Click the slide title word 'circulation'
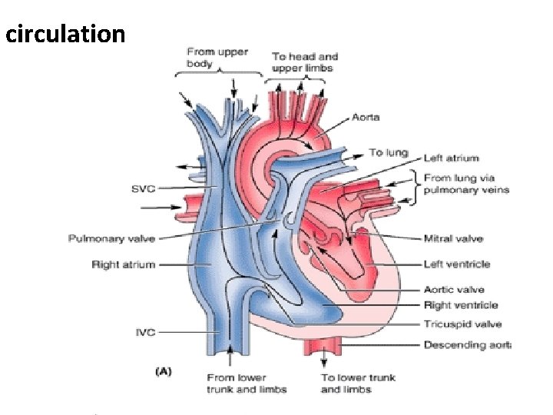pyautogui.click(x=65, y=34)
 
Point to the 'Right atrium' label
pyautogui.click(x=123, y=264)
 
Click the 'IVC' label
pyautogui.click(x=145, y=332)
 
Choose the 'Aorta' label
pyautogui.click(x=366, y=117)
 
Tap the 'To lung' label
pyautogui.click(x=388, y=152)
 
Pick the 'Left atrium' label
pyautogui.click(x=452, y=158)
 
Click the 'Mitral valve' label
pyautogui.click(x=452, y=238)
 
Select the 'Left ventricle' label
pyautogui.click(x=457, y=264)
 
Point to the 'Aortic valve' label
pyautogui.click(x=454, y=290)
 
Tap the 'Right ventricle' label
pyautogui.click(x=461, y=305)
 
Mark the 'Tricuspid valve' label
pyautogui.click(x=463, y=324)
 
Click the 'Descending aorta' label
pyautogui.click(x=467, y=345)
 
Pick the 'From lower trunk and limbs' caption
pyautogui.click(x=246, y=383)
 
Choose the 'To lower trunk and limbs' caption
pyautogui.click(x=356, y=383)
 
